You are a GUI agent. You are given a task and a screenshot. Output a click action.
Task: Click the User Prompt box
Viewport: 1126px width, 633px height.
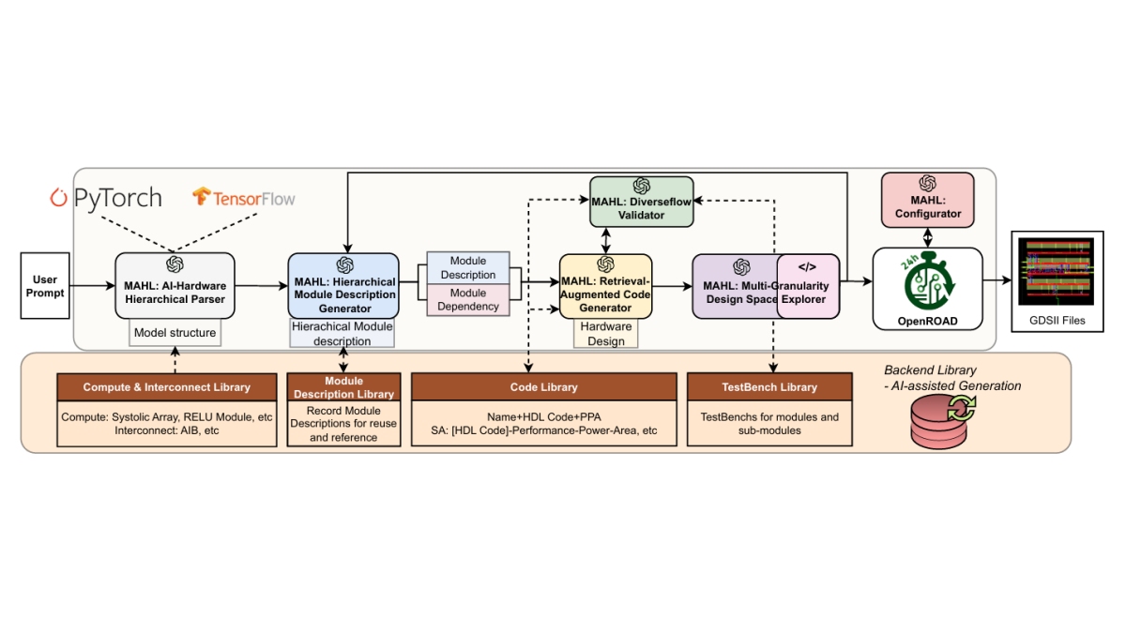click(x=45, y=286)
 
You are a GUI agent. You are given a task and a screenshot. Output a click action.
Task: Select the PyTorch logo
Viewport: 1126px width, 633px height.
click(x=105, y=198)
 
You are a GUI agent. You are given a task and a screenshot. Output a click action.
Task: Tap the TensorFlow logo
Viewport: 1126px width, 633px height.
click(x=243, y=198)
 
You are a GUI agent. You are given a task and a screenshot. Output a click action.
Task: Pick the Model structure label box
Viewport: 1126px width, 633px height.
click(x=175, y=332)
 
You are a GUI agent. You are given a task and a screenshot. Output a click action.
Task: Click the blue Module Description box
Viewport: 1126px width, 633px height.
click(x=468, y=268)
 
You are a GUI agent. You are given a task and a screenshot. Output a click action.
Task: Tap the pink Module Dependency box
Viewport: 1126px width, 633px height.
click(x=468, y=300)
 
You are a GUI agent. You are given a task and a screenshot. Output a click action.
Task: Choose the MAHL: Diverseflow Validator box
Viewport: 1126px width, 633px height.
click(x=641, y=201)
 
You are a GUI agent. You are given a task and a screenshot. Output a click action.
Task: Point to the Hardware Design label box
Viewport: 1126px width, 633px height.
click(x=605, y=334)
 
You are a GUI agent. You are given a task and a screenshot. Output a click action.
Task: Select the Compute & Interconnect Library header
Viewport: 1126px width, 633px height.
click(x=167, y=386)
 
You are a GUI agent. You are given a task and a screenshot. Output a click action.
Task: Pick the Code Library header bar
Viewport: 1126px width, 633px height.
click(x=543, y=386)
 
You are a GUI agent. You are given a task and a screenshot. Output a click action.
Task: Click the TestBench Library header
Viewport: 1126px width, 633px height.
click(x=769, y=386)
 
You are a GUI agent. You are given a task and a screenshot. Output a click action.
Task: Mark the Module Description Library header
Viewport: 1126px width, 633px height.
click(x=343, y=387)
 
